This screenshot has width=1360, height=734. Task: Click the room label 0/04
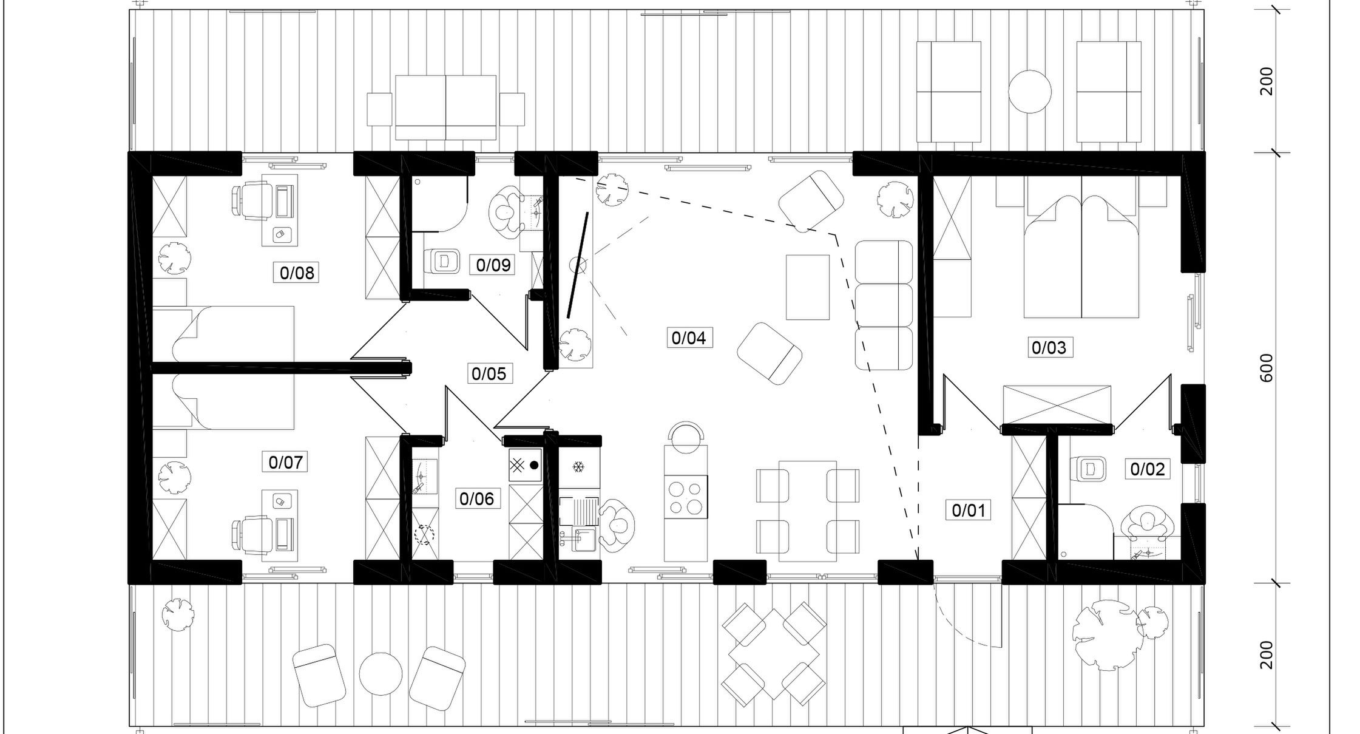[x=689, y=338]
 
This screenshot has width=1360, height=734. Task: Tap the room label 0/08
[x=297, y=273]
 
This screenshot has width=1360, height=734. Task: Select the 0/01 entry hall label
[x=969, y=510]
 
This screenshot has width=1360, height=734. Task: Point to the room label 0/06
[x=477, y=498]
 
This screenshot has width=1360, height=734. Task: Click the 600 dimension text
[x=1267, y=368]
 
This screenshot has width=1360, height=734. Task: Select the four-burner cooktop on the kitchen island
[x=686, y=497]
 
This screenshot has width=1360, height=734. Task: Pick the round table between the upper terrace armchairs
[x=1030, y=91]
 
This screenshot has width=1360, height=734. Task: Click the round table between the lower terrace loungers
[x=381, y=674]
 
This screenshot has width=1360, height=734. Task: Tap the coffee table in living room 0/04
[x=808, y=287]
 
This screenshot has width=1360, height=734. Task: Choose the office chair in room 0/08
[x=251, y=201]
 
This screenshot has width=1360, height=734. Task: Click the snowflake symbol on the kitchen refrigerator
[x=578, y=467]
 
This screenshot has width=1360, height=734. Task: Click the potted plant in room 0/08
[x=175, y=257]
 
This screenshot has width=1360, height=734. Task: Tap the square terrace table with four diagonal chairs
[x=774, y=654]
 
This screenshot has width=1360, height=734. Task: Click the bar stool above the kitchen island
[x=686, y=435]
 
